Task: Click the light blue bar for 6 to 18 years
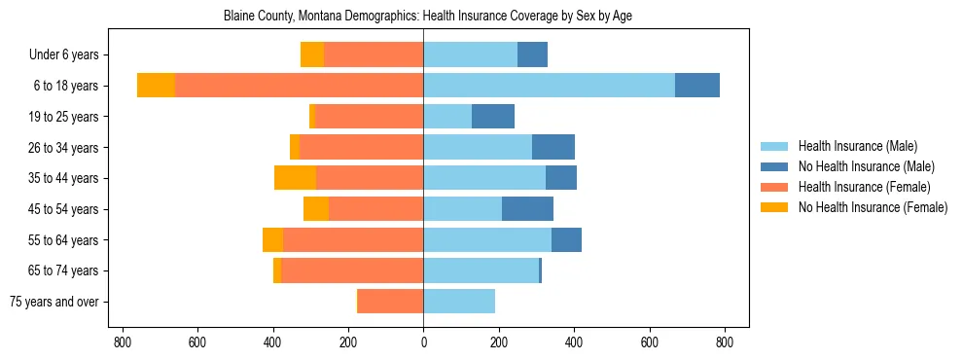549,86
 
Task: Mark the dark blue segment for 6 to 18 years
697,86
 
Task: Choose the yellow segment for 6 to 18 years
156,86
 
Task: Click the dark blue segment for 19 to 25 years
493,117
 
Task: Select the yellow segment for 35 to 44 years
295,178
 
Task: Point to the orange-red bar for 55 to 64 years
353,240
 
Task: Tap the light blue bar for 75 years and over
459,302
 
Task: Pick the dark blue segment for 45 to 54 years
527,209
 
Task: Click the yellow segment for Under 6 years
312,55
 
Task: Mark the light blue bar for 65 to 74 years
481,270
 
